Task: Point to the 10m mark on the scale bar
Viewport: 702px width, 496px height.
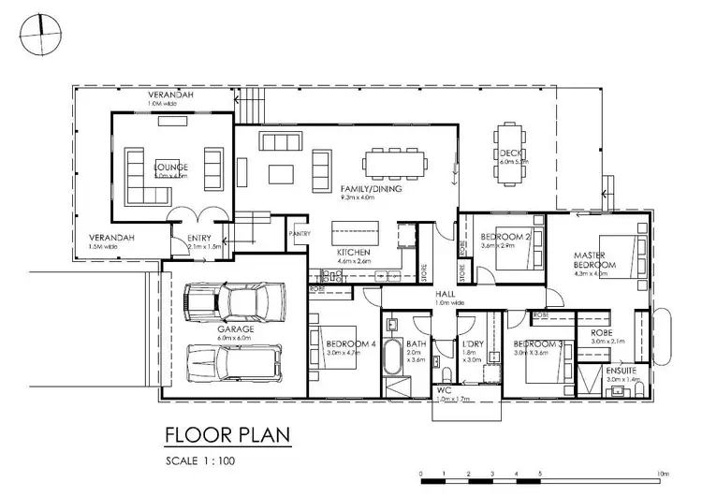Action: [x=663, y=474]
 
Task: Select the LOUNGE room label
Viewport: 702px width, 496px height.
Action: [x=170, y=169]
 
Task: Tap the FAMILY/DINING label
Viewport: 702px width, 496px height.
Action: [x=372, y=189]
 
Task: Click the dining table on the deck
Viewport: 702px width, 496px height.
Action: [x=511, y=150]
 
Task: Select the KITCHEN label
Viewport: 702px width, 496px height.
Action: [x=354, y=254]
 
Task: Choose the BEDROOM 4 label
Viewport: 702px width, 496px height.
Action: [x=351, y=343]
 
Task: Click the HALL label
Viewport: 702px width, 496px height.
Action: [x=445, y=293]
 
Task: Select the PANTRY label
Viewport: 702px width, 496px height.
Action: [x=300, y=233]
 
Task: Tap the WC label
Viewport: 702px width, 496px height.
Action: [x=446, y=390]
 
